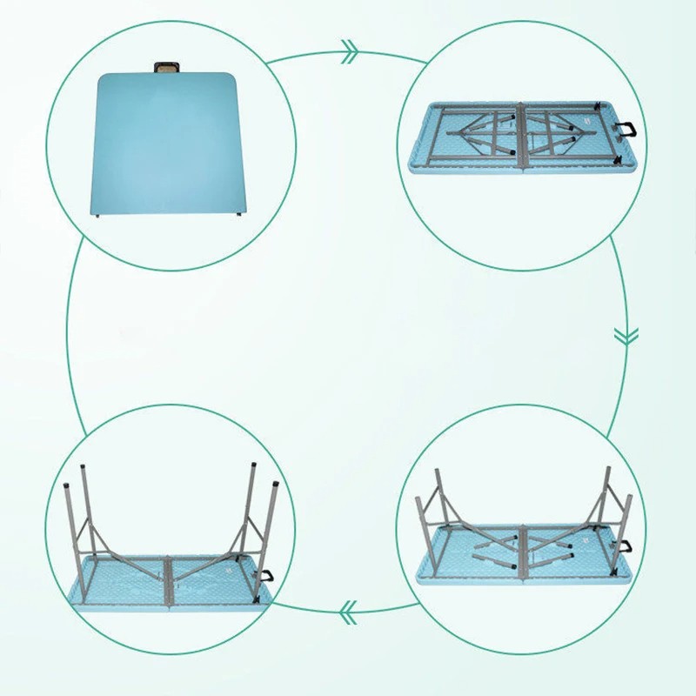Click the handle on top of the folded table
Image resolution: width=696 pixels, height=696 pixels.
pyautogui.click(x=164, y=66)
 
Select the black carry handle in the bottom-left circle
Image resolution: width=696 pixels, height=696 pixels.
pyautogui.click(x=264, y=576)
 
